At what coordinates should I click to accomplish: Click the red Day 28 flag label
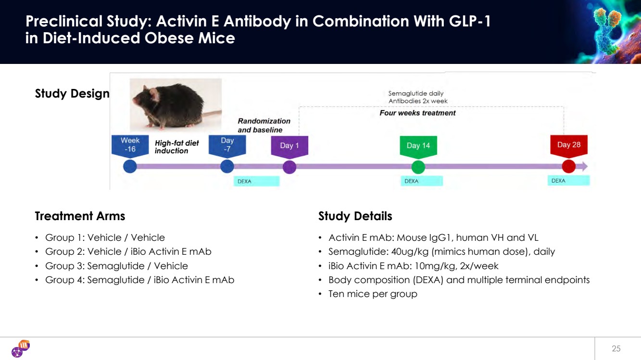click(x=569, y=146)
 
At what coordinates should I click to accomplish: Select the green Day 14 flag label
click(x=418, y=146)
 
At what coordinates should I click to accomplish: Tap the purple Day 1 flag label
click(x=289, y=146)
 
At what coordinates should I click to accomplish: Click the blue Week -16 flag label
click(x=130, y=145)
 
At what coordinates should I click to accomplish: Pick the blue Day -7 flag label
click(x=227, y=145)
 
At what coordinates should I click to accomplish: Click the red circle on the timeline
click(x=568, y=167)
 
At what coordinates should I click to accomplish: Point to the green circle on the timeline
click(x=418, y=167)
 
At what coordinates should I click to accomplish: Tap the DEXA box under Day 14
click(x=422, y=181)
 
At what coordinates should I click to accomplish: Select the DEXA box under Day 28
click(x=568, y=181)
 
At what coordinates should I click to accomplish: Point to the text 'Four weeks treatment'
click(x=417, y=113)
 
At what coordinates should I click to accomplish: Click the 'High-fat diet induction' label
click(x=176, y=147)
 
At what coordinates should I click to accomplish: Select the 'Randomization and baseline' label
click(x=264, y=125)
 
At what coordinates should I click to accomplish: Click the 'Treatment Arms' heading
click(x=80, y=216)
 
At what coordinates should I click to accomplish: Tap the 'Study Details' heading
click(x=355, y=216)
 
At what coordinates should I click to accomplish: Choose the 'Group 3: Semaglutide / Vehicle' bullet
click(x=116, y=266)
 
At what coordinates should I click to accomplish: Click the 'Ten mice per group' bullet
click(x=373, y=294)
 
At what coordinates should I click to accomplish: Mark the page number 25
click(x=616, y=348)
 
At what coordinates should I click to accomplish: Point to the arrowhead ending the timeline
click(x=584, y=167)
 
